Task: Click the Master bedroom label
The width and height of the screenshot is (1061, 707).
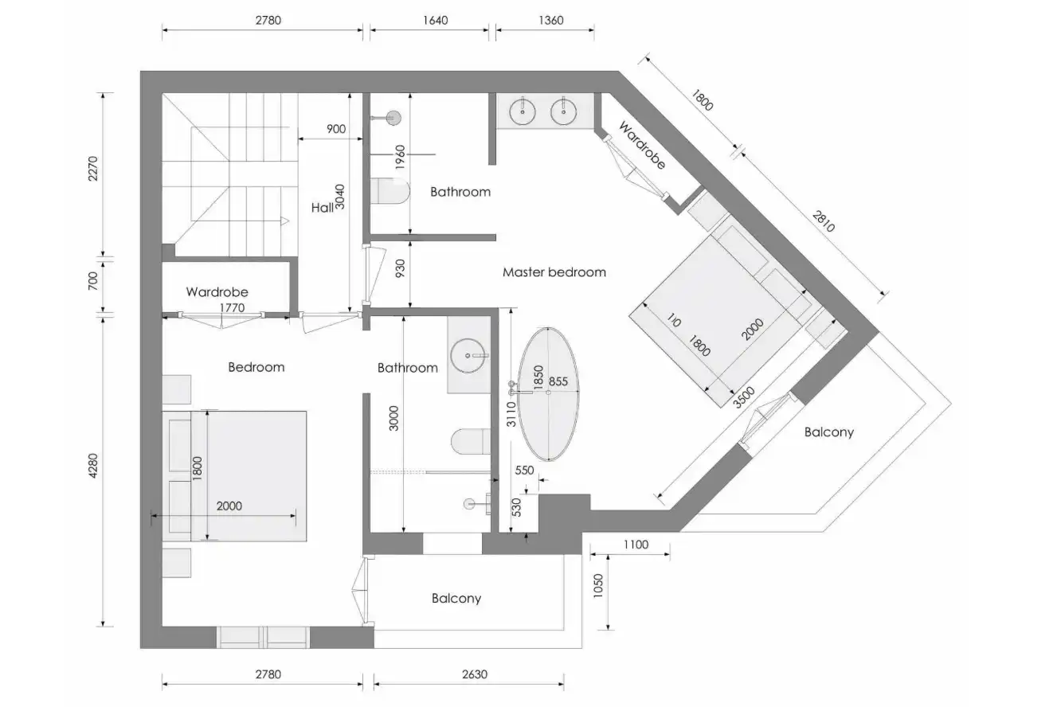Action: [x=554, y=272]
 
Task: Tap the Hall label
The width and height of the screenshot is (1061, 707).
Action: [x=323, y=208]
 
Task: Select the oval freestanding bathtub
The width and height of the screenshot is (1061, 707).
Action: [x=548, y=394]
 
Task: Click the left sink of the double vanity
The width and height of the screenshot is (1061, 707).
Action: [x=523, y=111]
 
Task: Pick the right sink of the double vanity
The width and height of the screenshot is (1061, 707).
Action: [x=563, y=111]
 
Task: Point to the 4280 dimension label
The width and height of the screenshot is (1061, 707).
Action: [x=93, y=466]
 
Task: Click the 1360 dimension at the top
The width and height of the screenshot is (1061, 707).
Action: [x=551, y=21]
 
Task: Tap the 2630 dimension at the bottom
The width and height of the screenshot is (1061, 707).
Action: [x=475, y=674]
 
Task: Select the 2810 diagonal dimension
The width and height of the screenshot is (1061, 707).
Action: [x=823, y=221]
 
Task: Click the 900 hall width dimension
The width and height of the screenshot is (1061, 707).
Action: [x=336, y=129]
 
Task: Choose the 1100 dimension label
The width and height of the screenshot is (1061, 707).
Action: [x=636, y=545]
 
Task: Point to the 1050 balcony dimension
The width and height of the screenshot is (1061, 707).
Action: [x=598, y=586]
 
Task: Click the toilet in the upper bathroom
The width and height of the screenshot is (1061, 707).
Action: [x=390, y=191]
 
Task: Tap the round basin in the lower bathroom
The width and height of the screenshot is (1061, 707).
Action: [x=468, y=356]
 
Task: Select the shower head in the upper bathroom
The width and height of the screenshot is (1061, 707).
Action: [x=393, y=118]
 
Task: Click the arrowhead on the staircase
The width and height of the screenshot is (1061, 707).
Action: [x=284, y=221]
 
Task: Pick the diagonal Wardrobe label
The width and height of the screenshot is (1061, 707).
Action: [x=642, y=146]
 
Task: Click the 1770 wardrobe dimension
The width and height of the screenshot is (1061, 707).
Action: [x=232, y=308]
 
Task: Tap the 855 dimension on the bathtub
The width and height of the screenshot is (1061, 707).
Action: [x=558, y=381]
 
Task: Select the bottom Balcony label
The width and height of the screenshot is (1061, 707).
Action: [x=456, y=599]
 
